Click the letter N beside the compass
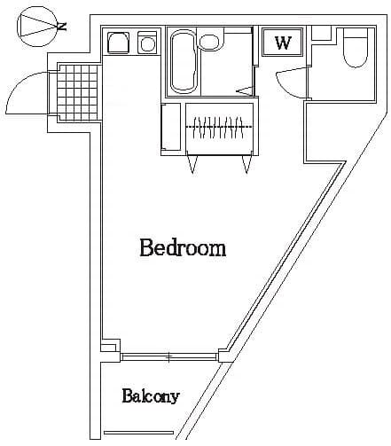(x=62, y=27)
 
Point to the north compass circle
(x=36, y=27)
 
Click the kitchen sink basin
(x=117, y=42)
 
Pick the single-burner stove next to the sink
(x=147, y=42)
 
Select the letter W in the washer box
(x=283, y=43)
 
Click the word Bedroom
(x=183, y=247)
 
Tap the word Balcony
(x=151, y=395)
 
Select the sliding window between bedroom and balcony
(x=168, y=356)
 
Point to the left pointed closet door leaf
(x=192, y=163)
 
